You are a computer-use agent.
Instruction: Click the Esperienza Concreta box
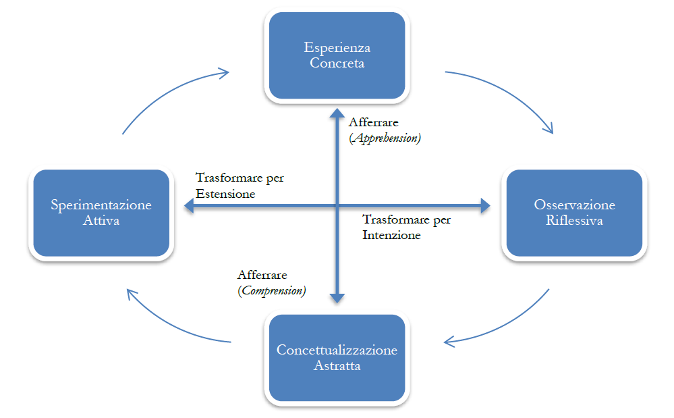[x=337, y=55]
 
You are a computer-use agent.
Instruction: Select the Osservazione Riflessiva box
[x=574, y=213]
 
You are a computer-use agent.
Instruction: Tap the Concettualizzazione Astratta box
[x=337, y=358]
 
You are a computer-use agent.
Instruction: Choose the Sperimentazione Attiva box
[x=101, y=213]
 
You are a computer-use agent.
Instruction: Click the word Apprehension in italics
[x=385, y=138]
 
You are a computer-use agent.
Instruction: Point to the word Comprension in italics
[x=272, y=290]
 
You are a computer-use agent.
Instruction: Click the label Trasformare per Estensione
[x=240, y=186]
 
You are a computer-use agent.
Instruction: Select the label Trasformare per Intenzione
[x=406, y=228]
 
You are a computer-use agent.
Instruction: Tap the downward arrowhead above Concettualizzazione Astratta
[x=337, y=297]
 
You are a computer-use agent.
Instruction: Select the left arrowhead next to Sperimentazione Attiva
[x=187, y=207]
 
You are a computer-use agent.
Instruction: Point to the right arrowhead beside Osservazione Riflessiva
[x=484, y=207]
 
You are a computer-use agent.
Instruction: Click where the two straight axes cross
[x=337, y=207]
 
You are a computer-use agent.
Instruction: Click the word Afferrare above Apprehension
[x=373, y=123]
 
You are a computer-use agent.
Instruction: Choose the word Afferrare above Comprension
[x=262, y=276]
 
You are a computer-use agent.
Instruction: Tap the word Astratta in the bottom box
[x=337, y=366]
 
